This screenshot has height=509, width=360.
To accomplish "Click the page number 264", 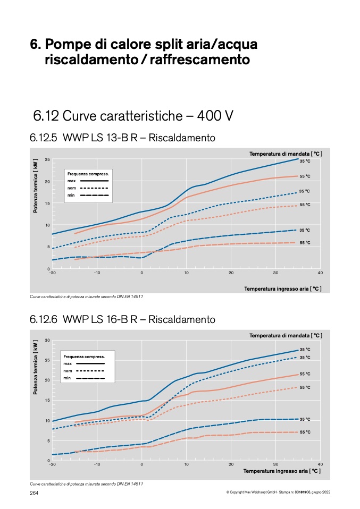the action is tap(34, 493).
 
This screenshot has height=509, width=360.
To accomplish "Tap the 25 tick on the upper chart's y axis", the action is tap(47, 159).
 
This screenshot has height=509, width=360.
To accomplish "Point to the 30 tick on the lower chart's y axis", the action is tap(47, 340).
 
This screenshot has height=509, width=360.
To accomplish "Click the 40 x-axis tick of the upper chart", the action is tap(320, 273).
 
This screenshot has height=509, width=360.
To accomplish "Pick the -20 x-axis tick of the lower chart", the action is tap(52, 464).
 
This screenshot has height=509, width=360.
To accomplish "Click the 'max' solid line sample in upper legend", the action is tap(94, 181).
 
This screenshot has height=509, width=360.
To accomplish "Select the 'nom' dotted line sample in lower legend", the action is tap(90, 371).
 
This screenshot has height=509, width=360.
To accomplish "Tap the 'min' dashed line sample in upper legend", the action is tap(94, 195).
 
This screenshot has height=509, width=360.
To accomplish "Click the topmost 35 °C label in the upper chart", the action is tap(305, 161).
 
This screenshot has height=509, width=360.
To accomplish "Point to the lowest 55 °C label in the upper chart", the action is tap(305, 242).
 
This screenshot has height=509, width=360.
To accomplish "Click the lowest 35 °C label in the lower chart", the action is tap(305, 419).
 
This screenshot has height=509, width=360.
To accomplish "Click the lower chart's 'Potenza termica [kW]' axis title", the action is tap(36, 367).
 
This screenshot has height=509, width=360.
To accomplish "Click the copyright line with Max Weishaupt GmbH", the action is tap(278, 492).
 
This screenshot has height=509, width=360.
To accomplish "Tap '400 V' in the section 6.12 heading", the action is tap(215, 116).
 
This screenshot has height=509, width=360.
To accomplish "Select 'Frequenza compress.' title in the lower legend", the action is tap(84, 357).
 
